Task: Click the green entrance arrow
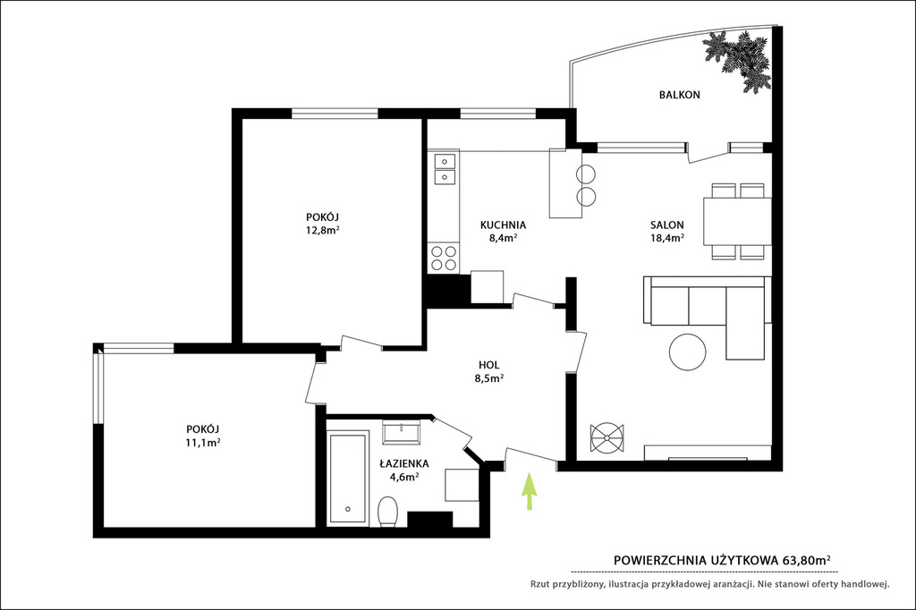click(530, 491)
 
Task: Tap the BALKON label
click(680, 95)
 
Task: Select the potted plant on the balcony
click(737, 60)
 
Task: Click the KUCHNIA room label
click(503, 225)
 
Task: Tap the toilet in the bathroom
click(388, 512)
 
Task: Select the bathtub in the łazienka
click(348, 478)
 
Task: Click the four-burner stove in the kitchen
click(444, 258)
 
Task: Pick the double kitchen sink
click(445, 167)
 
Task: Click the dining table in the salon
click(738, 222)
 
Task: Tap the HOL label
click(489, 365)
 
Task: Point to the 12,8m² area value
click(323, 230)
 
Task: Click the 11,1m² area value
click(203, 443)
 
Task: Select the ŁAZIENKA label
click(404, 464)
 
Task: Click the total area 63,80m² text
click(807, 560)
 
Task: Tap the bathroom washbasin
click(402, 432)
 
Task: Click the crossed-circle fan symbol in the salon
click(607, 437)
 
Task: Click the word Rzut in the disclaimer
click(540, 584)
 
